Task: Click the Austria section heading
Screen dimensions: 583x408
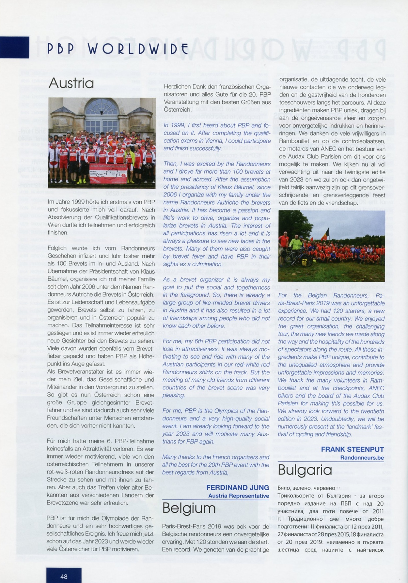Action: click(x=71, y=83)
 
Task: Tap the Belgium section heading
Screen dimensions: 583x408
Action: click(x=189, y=508)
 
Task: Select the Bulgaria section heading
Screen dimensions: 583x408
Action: click(x=305, y=470)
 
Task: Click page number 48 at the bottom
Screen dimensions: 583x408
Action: click(x=64, y=576)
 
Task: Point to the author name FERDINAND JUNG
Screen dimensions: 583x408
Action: click(x=238, y=488)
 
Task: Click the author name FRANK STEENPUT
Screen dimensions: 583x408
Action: click(x=353, y=449)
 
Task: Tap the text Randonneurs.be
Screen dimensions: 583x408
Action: click(x=362, y=458)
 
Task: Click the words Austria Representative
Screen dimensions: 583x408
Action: click(x=239, y=496)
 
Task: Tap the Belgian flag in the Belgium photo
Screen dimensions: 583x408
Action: click(x=327, y=233)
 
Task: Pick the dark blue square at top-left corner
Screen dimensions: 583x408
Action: click(x=14, y=47)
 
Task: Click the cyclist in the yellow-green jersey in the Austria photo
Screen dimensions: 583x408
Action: click(x=130, y=157)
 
